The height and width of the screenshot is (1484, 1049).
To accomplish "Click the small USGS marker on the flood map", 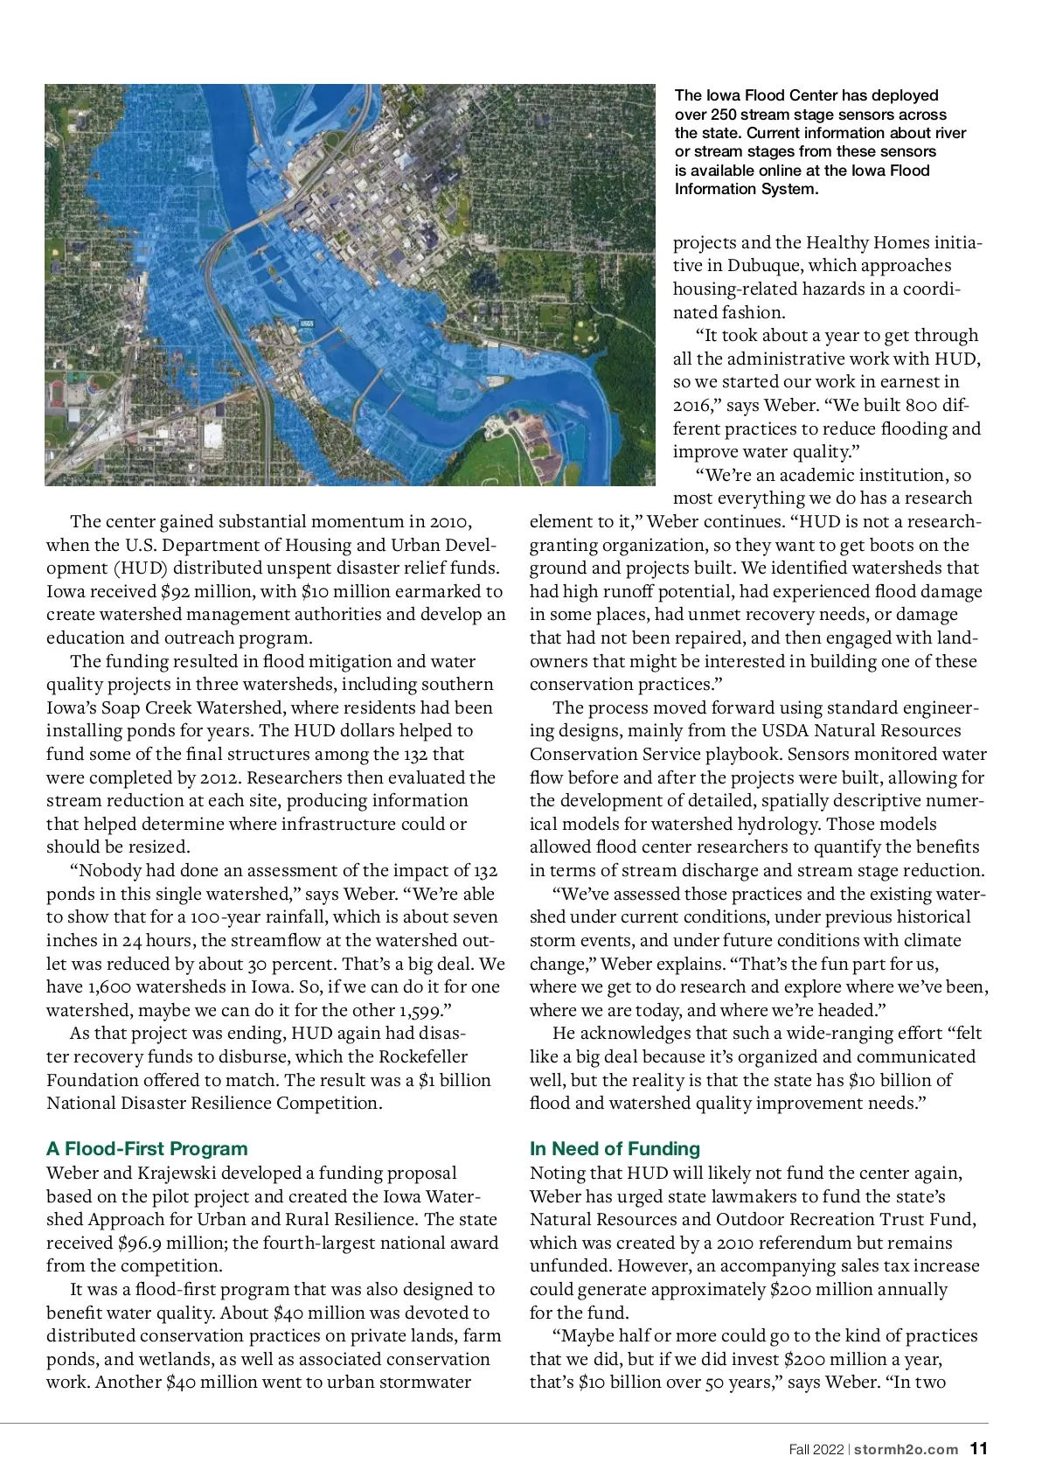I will click(307, 324).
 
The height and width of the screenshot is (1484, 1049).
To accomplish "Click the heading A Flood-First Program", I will click(147, 1149).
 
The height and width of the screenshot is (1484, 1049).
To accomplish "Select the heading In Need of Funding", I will click(615, 1149).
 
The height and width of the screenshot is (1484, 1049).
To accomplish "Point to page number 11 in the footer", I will click(979, 1449).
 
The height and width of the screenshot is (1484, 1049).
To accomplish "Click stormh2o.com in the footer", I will click(906, 1450).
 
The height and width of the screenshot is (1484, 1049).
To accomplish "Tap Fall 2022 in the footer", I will click(816, 1450).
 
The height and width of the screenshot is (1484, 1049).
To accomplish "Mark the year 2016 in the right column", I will click(695, 406).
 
